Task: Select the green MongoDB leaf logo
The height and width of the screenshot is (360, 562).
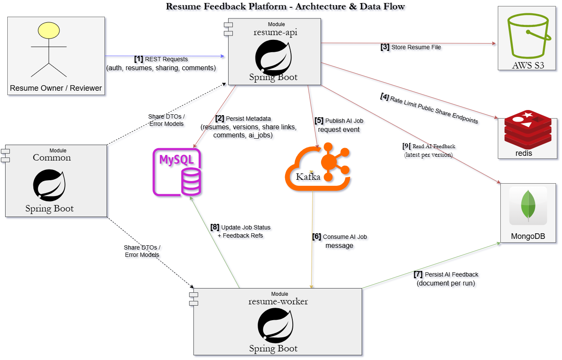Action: [528, 205]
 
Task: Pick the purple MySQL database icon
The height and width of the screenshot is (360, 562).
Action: [177, 172]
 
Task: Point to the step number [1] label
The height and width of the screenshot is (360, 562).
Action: [139, 59]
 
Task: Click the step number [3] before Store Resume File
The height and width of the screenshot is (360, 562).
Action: [385, 47]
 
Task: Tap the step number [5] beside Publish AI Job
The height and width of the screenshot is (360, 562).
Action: [319, 121]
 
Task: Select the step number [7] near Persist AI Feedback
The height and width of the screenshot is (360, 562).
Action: [418, 274]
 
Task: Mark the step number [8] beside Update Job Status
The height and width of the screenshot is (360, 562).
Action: [215, 227]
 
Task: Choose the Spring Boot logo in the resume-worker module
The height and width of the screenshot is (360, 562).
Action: [275, 325]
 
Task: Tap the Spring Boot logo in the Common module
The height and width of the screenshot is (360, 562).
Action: [49, 186]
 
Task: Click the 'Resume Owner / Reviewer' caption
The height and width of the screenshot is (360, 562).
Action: [56, 88]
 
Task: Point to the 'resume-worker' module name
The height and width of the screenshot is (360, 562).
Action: [278, 301]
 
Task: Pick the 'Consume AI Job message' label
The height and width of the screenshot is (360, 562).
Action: [340, 241]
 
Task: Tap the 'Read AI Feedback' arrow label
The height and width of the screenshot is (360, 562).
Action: [433, 146]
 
